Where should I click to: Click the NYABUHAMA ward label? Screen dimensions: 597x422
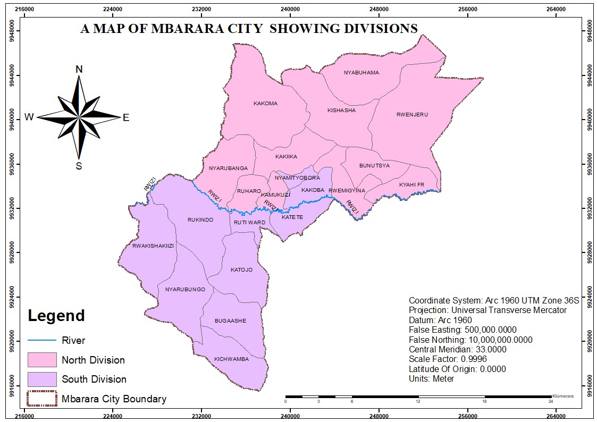(361, 73)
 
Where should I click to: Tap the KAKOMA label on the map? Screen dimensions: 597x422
(265, 104)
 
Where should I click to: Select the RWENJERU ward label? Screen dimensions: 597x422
(412, 115)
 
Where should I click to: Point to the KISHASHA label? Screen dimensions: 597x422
(341, 111)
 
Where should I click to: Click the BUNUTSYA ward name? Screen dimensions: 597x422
(374, 166)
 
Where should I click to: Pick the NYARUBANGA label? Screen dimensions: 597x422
(228, 168)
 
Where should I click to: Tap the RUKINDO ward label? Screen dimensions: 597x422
(200, 220)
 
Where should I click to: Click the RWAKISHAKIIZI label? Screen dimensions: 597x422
(153, 246)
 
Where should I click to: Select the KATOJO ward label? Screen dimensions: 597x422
(241, 270)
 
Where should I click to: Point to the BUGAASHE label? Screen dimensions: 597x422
(230, 321)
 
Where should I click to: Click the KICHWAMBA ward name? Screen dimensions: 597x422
(231, 359)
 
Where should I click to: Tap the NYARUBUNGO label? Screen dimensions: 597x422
(185, 290)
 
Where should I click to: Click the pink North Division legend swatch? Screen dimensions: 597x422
(42, 360)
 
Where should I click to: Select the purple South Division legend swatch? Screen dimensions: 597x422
(42, 379)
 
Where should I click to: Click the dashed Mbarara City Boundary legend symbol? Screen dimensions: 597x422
(42, 399)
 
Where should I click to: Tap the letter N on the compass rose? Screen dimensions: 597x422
(79, 70)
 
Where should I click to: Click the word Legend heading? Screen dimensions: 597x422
(56, 316)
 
